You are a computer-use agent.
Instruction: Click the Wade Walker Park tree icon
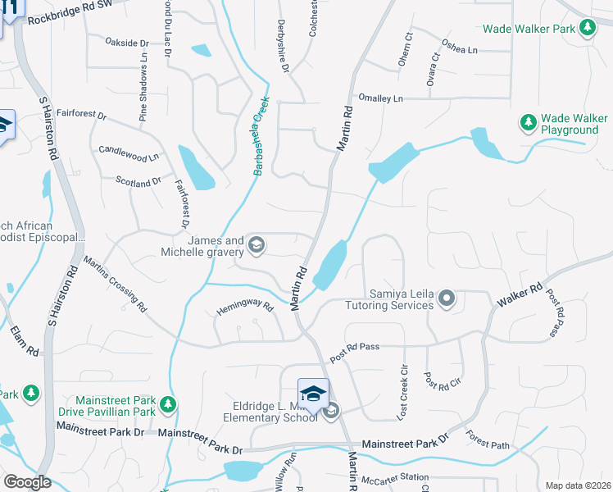tap(587, 29)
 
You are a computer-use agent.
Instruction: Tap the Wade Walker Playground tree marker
tap(529, 123)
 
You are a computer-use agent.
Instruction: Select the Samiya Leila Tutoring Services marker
tap(447, 298)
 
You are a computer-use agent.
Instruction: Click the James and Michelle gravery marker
tap(257, 244)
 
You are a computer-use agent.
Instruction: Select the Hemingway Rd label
tap(243, 307)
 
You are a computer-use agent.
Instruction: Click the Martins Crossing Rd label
tap(114, 284)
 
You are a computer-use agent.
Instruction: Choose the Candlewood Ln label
tap(129, 153)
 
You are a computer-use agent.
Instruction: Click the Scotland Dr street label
tap(138, 181)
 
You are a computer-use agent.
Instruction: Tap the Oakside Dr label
tap(127, 42)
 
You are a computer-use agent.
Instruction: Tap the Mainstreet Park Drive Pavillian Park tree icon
tap(167, 403)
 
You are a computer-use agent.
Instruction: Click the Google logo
tap(27, 482)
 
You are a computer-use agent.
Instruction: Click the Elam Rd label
tap(25, 340)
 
